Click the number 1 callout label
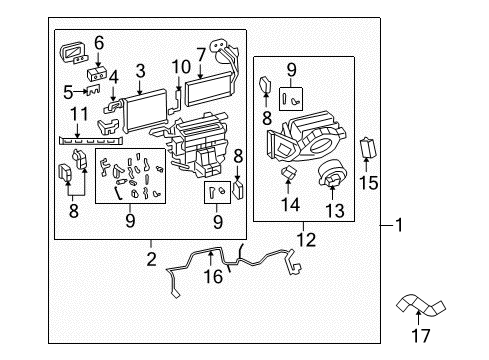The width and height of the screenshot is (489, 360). tap(399, 226)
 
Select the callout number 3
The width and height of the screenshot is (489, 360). tap(141, 70)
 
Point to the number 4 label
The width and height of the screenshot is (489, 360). tap(114, 76)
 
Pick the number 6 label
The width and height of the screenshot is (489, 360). tap(99, 42)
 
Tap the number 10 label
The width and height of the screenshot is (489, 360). tap(181, 67)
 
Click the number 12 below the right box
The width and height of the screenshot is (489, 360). tap(303, 240)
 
